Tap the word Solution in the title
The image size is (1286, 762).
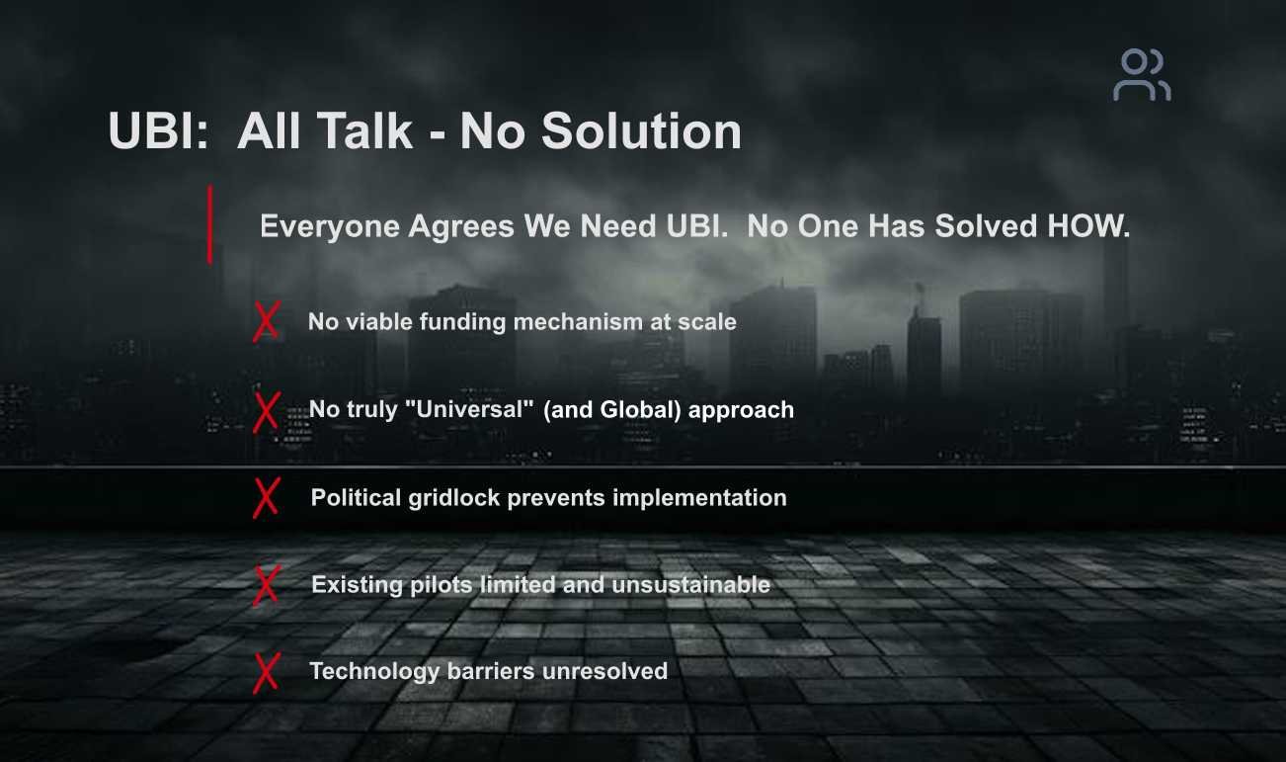[x=641, y=131]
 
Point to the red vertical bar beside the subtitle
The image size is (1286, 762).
[x=210, y=224]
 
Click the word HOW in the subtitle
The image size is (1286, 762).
[x=1087, y=226]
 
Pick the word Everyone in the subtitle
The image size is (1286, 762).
[x=330, y=227]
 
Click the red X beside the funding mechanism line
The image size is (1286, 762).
[x=267, y=322]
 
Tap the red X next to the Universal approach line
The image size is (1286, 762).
[x=267, y=411]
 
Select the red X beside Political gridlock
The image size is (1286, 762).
[x=267, y=498]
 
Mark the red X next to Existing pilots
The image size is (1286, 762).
[x=267, y=585]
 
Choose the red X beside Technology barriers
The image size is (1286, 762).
[x=267, y=672]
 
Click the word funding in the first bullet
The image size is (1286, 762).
[x=461, y=322]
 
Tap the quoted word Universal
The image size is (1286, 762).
[x=469, y=409]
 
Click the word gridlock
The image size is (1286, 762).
[x=454, y=498]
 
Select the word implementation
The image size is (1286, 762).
[x=699, y=498]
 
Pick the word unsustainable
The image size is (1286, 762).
[x=690, y=585]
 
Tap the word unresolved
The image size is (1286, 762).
[x=604, y=671]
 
